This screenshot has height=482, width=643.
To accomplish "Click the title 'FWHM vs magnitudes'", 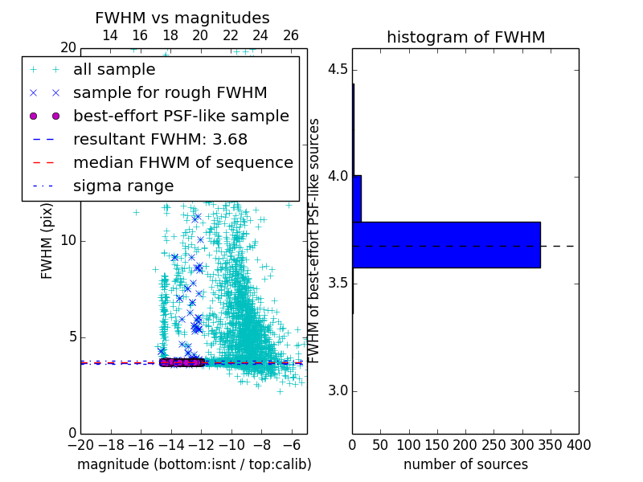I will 182,18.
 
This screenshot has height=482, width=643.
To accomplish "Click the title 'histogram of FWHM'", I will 465,37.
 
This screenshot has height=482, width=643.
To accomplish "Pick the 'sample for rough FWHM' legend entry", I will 170,92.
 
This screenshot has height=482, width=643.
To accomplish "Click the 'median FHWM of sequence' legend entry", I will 182,162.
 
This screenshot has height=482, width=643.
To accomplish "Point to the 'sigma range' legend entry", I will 123,186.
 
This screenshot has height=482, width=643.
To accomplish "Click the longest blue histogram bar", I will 446,244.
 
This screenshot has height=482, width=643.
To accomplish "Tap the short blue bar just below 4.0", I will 357,198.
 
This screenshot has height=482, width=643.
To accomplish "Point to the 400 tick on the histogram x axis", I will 579,445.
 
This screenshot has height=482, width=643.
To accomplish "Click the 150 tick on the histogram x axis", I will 437,445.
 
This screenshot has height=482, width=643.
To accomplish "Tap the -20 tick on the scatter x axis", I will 80,445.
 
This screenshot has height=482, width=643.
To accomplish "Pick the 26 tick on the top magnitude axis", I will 291,35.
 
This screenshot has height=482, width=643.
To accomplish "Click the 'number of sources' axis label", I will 465,464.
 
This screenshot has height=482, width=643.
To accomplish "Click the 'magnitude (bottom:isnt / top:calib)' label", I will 194,464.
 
